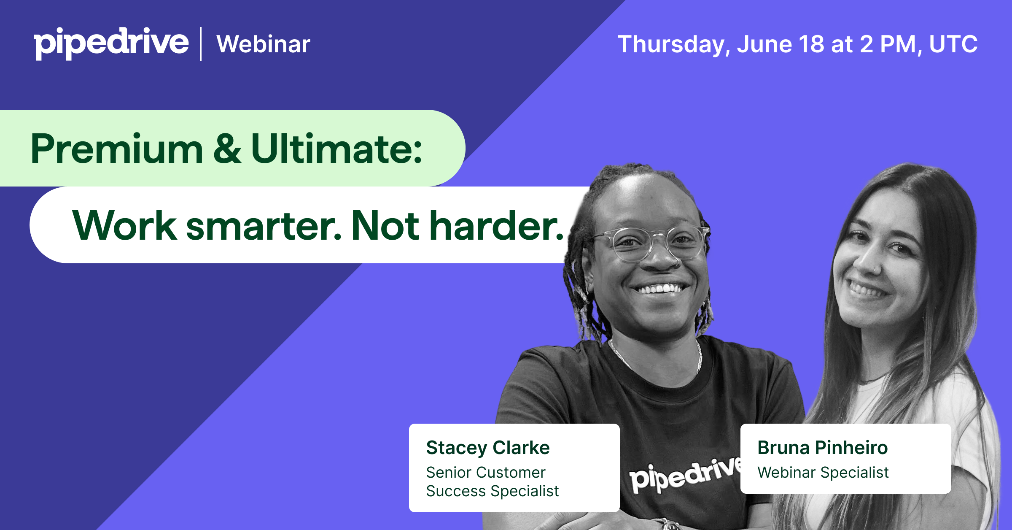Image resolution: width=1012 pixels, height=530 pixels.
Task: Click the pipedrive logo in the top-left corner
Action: (x=111, y=43)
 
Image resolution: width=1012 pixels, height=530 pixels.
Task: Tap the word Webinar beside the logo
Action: (x=264, y=44)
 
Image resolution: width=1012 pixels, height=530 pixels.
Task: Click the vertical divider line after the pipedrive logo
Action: (x=201, y=44)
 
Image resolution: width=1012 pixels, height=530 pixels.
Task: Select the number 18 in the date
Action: (x=811, y=44)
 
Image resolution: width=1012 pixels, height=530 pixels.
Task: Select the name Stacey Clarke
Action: (x=488, y=448)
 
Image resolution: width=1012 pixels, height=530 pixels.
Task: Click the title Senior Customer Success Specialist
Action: (x=492, y=481)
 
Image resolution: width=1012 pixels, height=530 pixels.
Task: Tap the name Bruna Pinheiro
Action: (x=823, y=448)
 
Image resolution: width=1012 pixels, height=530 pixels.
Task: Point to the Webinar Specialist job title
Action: (x=823, y=473)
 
